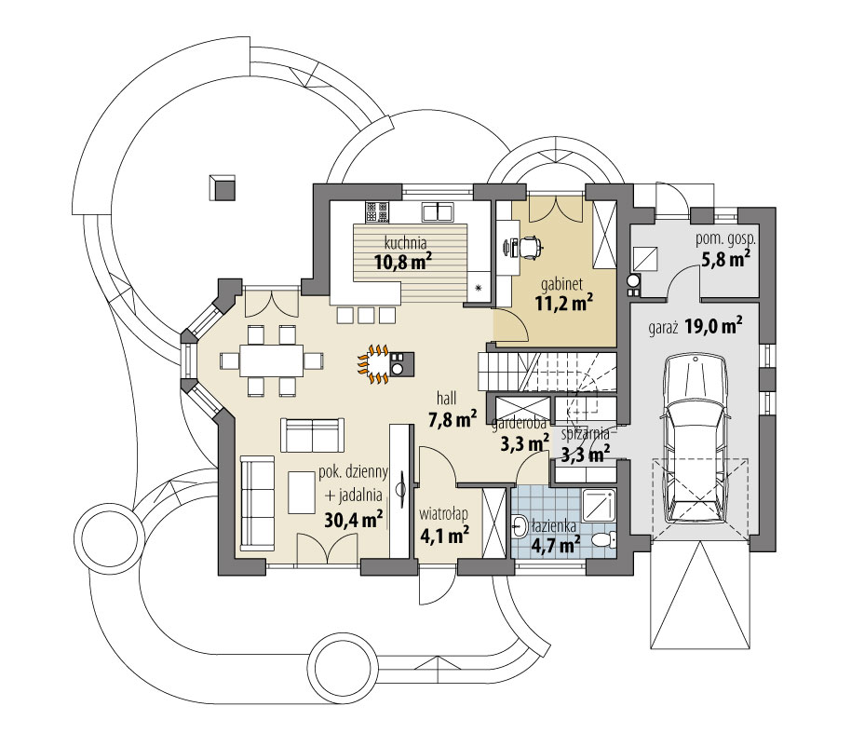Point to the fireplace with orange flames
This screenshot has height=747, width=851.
(376, 364)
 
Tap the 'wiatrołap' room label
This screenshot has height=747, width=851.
(442, 513)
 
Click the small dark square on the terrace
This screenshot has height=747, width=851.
(223, 186)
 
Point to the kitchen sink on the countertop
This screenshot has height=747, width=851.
(437, 212)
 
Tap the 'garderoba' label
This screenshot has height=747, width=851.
(518, 423)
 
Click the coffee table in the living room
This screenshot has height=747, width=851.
(302, 492)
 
